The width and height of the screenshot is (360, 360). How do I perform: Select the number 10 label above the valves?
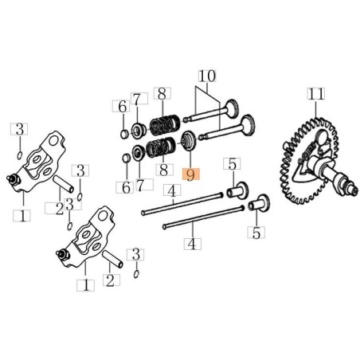coord(208,76)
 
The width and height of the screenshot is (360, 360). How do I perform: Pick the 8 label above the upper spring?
coord(162,94)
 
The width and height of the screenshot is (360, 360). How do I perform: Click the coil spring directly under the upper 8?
coord(163,123)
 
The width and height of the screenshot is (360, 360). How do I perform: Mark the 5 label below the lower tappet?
coord(256,233)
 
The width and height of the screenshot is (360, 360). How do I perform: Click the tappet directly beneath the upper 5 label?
coord(237,190)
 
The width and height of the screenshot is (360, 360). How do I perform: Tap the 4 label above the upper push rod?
coord(170,190)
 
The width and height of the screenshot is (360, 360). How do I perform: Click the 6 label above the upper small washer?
coord(123,107)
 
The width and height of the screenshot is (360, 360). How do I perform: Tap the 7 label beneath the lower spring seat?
coord(140,185)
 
